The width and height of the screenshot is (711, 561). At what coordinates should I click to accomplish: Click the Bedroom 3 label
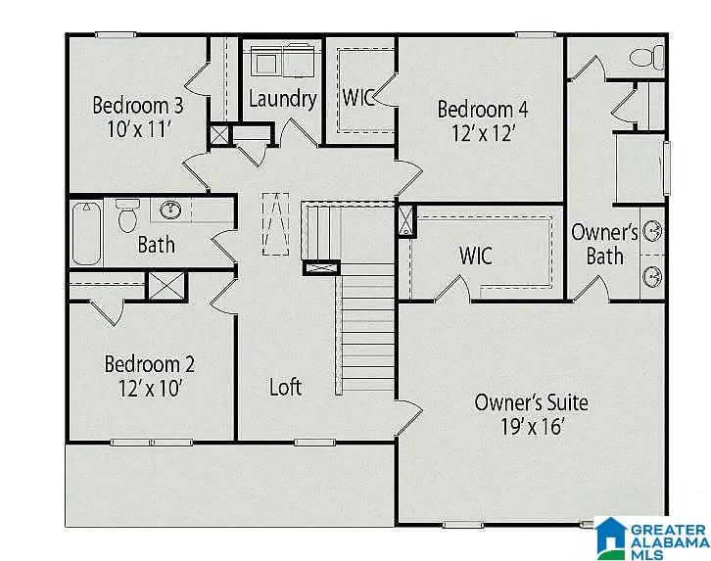coord(138,105)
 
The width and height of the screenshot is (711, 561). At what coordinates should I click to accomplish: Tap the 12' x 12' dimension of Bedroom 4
coord(484,133)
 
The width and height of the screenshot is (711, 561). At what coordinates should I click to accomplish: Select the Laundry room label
coord(283,99)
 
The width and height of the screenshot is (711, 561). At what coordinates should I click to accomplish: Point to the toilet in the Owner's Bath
coord(647,58)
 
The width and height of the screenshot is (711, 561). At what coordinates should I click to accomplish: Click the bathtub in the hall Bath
coord(86,233)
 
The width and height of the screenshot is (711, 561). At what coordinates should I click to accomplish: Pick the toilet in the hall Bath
coord(127,215)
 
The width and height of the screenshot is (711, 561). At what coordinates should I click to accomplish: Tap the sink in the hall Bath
coord(171,210)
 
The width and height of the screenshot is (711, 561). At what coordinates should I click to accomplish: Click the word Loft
coord(286,387)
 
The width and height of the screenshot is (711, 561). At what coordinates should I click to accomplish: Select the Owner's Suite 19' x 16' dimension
coord(533,427)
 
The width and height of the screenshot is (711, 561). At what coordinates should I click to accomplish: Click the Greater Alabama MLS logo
coord(651,538)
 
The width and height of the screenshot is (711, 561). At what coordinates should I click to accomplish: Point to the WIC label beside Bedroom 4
coord(358,97)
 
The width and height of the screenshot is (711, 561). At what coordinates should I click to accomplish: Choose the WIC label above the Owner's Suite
coord(476,256)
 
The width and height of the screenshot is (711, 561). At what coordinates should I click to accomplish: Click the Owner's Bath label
coord(604,244)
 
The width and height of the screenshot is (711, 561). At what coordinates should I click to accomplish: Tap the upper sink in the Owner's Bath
coord(652,232)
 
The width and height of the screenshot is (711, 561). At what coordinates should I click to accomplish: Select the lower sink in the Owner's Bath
coord(652,276)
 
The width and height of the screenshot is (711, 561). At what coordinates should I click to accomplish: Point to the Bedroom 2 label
coord(150,364)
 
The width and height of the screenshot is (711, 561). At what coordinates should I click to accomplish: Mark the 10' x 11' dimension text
coord(139,129)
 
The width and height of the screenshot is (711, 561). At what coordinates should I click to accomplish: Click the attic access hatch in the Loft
coord(276,224)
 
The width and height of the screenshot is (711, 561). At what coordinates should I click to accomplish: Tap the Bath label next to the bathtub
coord(156,245)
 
